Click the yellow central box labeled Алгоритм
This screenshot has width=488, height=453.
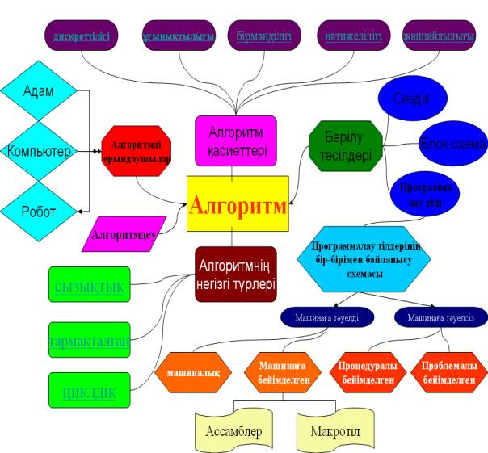[x=238, y=205]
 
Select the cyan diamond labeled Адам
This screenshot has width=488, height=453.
[x=39, y=90]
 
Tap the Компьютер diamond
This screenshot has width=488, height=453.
[x=39, y=151]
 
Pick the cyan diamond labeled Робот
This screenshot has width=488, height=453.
[x=39, y=212]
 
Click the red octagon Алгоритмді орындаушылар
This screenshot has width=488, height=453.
[x=137, y=152]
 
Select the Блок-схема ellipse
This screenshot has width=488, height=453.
[x=452, y=145]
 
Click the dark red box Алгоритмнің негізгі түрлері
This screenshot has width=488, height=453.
[x=236, y=274]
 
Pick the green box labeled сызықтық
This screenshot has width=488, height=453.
[x=89, y=286]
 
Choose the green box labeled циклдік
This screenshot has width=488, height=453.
[x=89, y=392]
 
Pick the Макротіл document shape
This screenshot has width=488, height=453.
[x=334, y=429]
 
